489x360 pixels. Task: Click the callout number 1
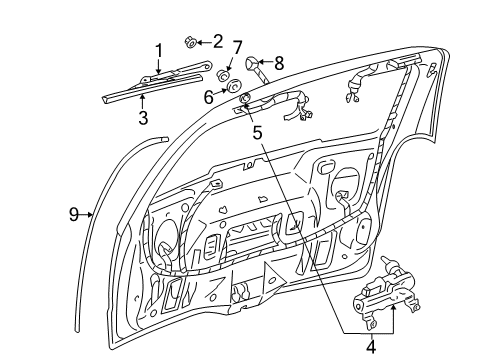click(x=158, y=50)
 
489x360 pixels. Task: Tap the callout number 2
click(x=217, y=41)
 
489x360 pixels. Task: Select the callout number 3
click(x=143, y=117)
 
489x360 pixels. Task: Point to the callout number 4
click(x=372, y=347)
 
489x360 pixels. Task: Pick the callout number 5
click(x=257, y=129)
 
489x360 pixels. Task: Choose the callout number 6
click(x=209, y=96)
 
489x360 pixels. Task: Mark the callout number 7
click(x=237, y=47)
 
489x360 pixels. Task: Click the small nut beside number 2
click(x=189, y=41)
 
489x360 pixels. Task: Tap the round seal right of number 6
click(x=243, y=97)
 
